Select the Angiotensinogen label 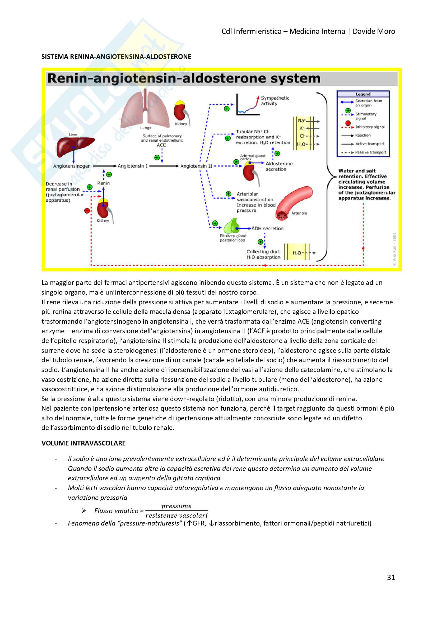(x=72, y=166)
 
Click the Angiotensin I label (x=133, y=166)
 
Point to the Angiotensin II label (x=196, y=166)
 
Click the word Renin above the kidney (x=104, y=183)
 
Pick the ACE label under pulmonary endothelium (x=161, y=145)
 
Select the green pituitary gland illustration (x=232, y=226)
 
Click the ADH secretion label (x=267, y=229)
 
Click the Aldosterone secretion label (x=279, y=166)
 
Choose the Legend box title (x=363, y=94)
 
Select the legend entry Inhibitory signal (x=370, y=127)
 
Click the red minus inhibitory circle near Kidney (x=87, y=211)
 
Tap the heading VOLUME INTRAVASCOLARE (x=83, y=443)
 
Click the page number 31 (x=391, y=577)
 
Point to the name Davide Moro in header (x=374, y=31)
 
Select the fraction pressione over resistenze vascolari (x=176, y=511)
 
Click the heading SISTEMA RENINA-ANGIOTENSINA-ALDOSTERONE (x=116, y=57)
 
